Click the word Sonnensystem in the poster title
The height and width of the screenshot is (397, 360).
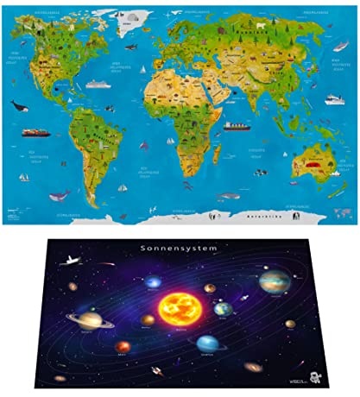click(x=180, y=247)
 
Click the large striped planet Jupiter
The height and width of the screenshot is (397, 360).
click(x=274, y=281)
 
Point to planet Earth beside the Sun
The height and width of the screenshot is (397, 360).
click(x=224, y=308)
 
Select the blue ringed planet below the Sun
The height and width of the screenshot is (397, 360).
click(x=207, y=343)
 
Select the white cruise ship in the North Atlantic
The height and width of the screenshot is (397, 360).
click(x=96, y=84)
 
